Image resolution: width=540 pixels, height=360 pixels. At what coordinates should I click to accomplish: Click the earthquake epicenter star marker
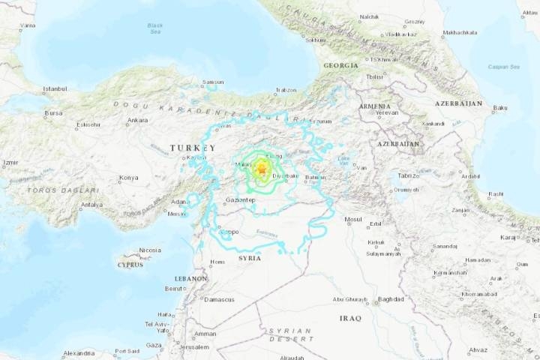point(261,170)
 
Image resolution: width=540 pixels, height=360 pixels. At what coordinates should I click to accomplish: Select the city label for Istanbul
point(55,88)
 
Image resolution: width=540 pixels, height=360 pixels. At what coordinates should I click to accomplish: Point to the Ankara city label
point(137,120)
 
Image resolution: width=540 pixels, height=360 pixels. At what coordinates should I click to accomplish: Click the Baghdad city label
point(391,299)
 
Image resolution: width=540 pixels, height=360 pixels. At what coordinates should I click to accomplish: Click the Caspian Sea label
point(505,67)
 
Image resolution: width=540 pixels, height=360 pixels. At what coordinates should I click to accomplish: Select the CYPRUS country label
point(130,265)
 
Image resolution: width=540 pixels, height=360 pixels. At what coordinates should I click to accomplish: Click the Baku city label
point(500,108)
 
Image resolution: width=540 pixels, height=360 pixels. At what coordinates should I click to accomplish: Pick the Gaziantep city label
point(241,200)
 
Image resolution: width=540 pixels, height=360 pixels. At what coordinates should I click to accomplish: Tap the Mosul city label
point(352,219)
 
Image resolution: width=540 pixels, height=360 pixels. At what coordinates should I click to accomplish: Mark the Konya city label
point(128,178)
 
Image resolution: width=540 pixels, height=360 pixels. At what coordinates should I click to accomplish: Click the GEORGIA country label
point(341,65)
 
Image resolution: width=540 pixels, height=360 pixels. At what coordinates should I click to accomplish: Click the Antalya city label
point(91,205)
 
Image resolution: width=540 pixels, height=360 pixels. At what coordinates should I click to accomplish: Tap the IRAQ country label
point(350,318)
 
